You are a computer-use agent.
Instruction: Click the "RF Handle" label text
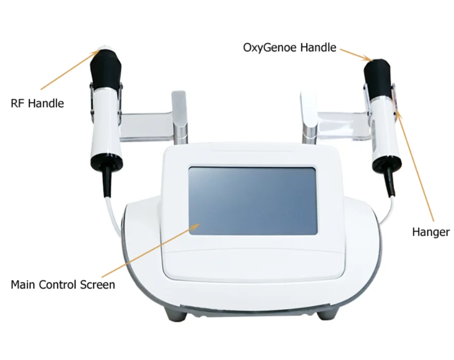(x=38, y=103)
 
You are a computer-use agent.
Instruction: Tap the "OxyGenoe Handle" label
(x=289, y=48)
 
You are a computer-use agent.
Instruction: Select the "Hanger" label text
(x=431, y=232)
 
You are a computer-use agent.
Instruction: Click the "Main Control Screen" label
(x=63, y=285)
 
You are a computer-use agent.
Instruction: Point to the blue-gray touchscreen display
(x=253, y=201)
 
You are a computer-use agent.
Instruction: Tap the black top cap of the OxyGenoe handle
(x=377, y=77)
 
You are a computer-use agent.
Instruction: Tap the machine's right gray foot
(x=328, y=314)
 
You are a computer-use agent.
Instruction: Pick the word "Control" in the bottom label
(x=58, y=285)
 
